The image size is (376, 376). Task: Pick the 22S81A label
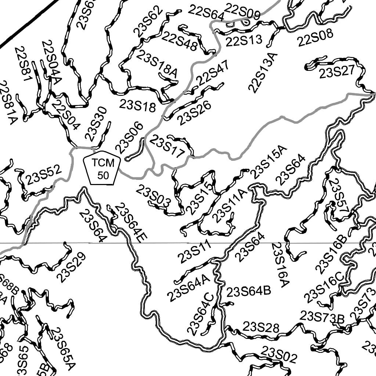[7, 103]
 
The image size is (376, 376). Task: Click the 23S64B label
[249, 292]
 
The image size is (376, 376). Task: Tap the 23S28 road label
[261, 327]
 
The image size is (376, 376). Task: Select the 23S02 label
[279, 354]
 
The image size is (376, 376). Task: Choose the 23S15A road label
[268, 162]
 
